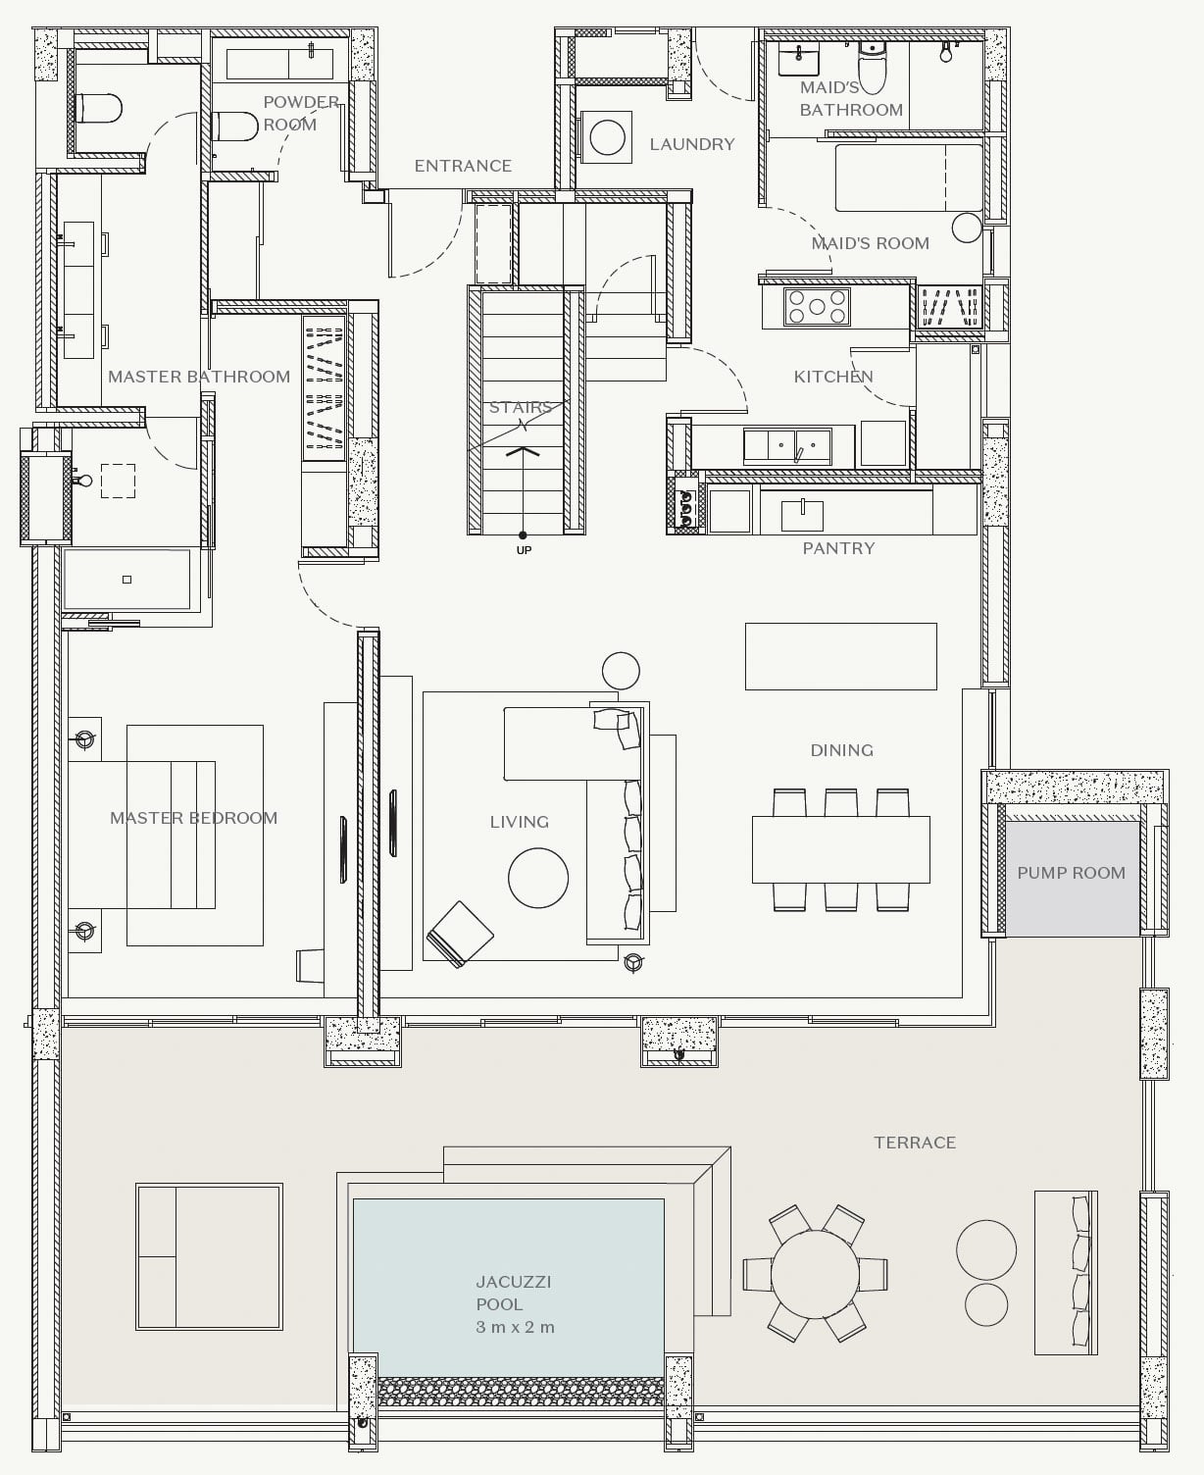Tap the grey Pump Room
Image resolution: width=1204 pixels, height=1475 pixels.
tap(1072, 879)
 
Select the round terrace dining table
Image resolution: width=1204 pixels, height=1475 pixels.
tap(816, 1274)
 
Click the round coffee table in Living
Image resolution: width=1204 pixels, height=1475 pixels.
tap(537, 878)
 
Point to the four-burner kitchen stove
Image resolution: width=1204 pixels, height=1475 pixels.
tap(818, 307)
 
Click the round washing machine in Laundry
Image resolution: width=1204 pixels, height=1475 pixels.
tap(607, 137)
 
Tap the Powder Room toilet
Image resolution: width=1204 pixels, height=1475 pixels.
tap(235, 126)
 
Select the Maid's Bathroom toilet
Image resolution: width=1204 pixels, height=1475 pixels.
tap(872, 68)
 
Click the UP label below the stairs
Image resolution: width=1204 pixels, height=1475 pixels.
tap(524, 550)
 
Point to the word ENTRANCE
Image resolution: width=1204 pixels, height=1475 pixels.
tap(463, 166)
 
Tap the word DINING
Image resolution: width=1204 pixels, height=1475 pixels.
tap(842, 750)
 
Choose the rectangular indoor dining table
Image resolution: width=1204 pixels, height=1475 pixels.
tap(841, 849)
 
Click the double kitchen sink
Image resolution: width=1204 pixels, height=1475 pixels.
tap(787, 446)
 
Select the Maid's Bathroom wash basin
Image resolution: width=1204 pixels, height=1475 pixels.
tap(798, 58)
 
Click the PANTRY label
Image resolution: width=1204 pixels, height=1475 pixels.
tap(838, 548)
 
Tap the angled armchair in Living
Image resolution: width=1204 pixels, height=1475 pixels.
tap(460, 935)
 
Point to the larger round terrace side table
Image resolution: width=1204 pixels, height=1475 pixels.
tap(986, 1249)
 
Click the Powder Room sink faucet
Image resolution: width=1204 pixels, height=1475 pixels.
tap(311, 49)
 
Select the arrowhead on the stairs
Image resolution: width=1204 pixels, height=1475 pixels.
tap(523, 452)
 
